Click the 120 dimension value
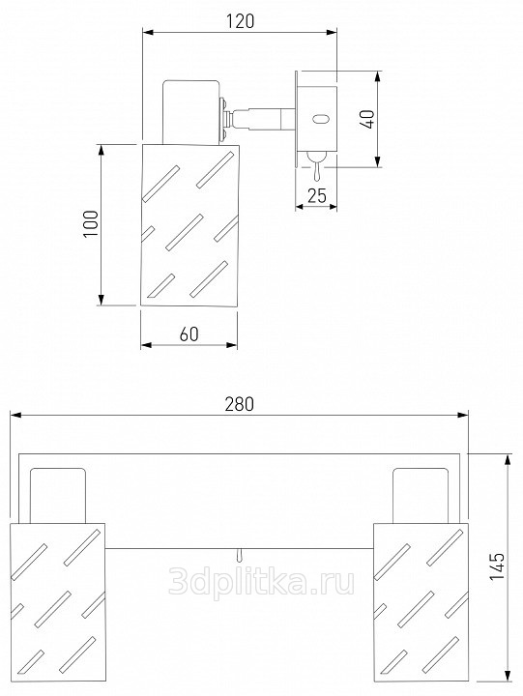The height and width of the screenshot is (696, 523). click(240, 21)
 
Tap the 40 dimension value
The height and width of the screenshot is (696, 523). click(368, 119)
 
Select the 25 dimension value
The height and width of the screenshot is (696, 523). click(317, 195)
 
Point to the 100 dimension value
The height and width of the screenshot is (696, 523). click(91, 223)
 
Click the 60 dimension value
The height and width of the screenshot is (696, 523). click(189, 333)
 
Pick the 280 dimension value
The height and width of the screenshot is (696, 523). click(240, 404)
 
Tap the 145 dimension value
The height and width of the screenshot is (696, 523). click(496, 565)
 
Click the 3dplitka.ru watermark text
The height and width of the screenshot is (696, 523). click(261, 581)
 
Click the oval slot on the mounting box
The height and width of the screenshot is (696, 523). click(320, 119)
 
